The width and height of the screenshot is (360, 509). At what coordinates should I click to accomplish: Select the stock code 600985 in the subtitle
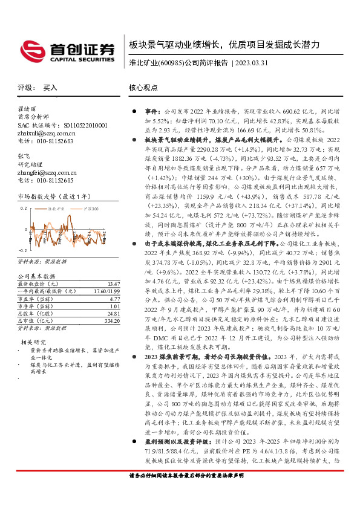click(171, 62)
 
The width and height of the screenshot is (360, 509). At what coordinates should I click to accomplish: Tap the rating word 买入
click(50, 88)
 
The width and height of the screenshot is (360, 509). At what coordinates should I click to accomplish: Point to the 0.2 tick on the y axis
click(23, 207)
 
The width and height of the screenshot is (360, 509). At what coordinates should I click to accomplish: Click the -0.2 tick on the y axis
click(22, 250)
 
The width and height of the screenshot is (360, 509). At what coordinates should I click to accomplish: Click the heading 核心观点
click(143, 88)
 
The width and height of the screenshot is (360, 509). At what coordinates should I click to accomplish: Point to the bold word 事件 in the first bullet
click(151, 113)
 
